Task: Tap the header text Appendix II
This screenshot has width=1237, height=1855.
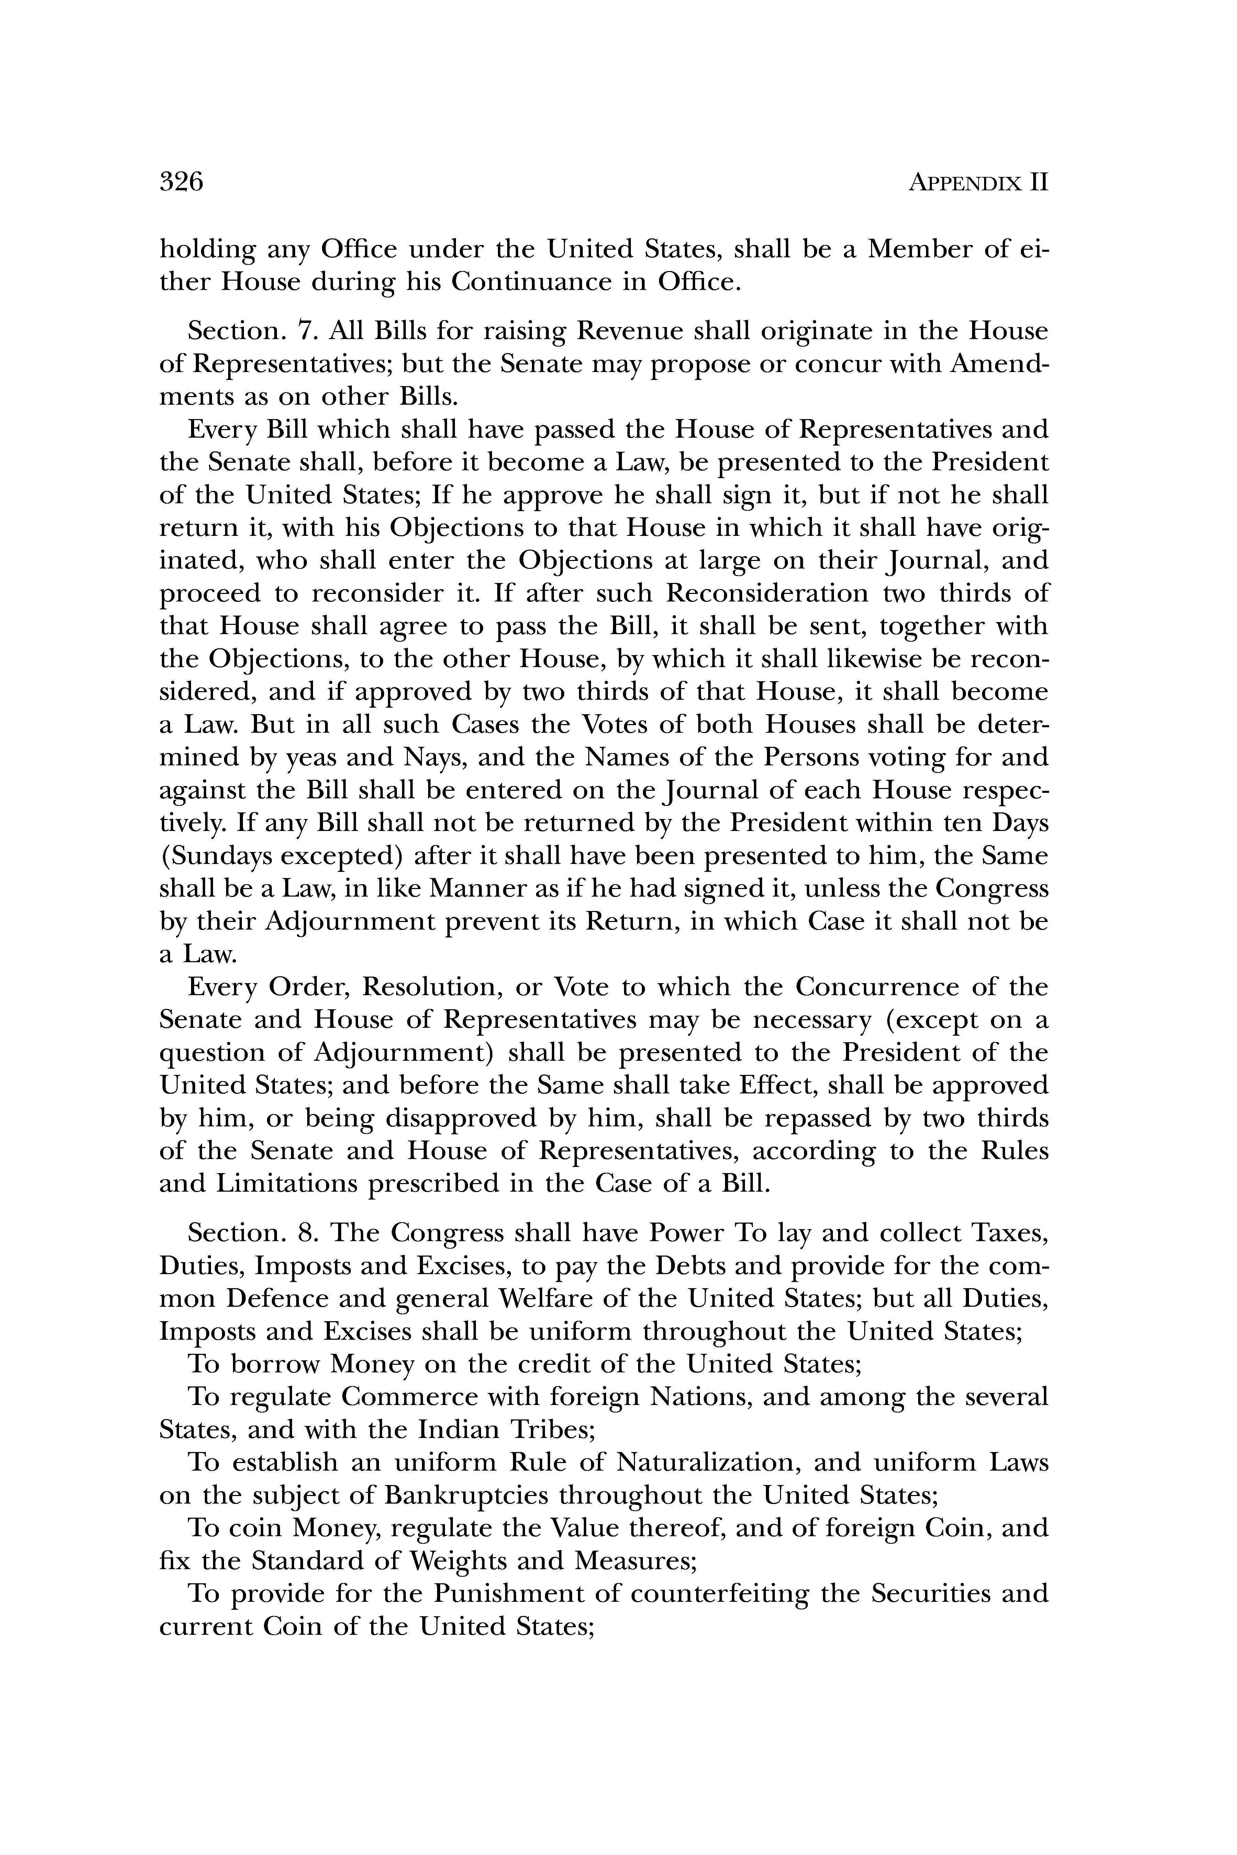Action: (978, 183)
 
